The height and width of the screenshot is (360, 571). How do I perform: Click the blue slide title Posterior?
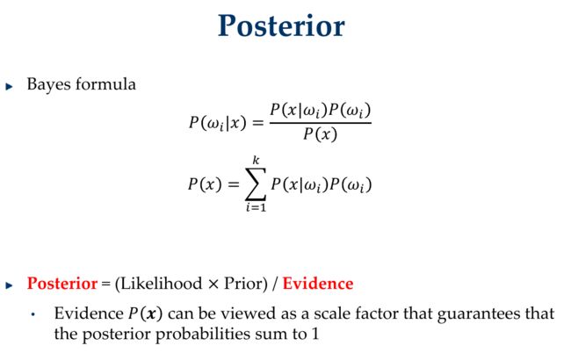coord(281,25)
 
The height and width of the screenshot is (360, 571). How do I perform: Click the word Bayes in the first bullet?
coord(49,85)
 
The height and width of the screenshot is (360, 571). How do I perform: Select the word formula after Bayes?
coord(105,84)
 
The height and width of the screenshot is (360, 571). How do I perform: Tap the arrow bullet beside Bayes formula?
coord(10,87)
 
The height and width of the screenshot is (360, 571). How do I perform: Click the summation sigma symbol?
coord(256,184)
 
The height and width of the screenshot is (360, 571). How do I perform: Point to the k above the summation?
coord(257,160)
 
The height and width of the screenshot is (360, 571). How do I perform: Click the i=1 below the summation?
coord(256,207)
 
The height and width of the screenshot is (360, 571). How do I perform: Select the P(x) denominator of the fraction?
coord(320,134)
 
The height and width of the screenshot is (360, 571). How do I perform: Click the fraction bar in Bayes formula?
coord(321,123)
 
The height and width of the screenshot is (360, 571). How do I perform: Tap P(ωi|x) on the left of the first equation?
coord(217,122)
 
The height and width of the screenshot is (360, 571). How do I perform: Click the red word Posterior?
coord(62,284)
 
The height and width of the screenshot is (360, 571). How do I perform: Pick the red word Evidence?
coord(318,284)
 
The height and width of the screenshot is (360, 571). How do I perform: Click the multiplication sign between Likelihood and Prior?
coord(213,284)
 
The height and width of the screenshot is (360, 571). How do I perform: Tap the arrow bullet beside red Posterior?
coord(10,285)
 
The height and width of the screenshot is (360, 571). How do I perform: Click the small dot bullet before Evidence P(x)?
coord(33,314)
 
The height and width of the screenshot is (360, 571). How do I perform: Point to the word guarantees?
coord(478,313)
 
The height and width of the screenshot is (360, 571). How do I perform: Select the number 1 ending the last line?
coord(315,334)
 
